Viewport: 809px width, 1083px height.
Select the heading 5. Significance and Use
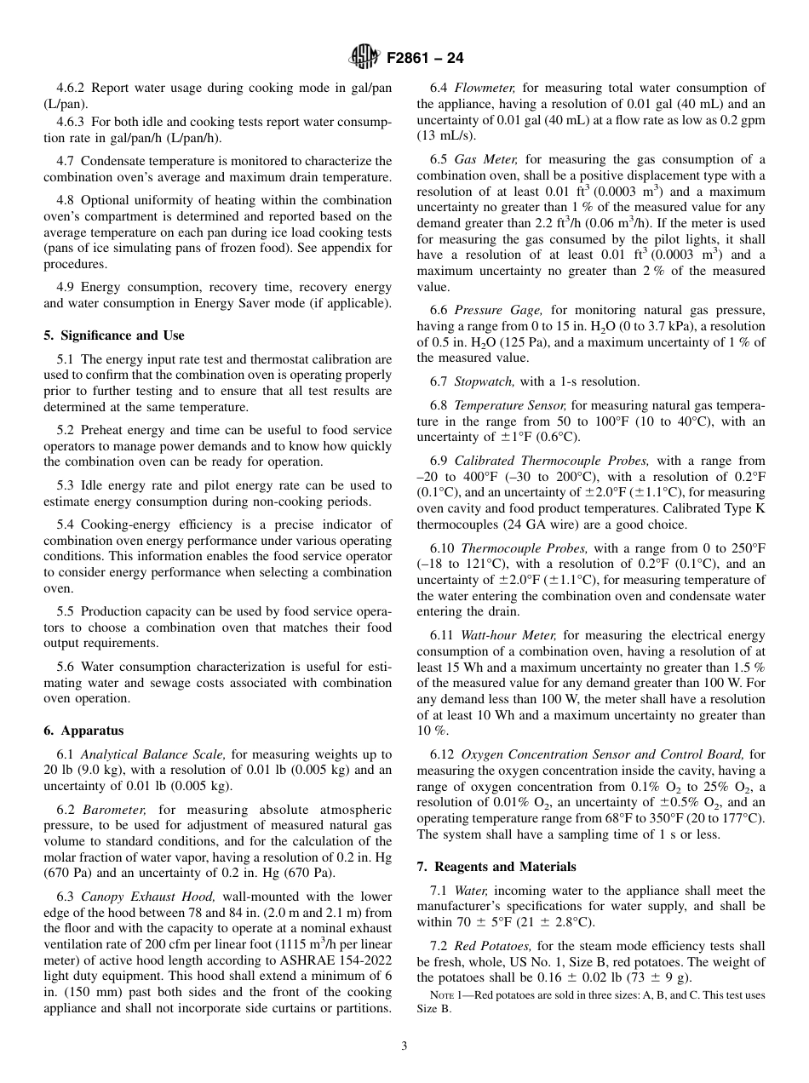[113, 335]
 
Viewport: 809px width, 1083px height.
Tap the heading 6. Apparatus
[83, 731]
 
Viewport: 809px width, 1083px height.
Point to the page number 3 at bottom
[404, 1046]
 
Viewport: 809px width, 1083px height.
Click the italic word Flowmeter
[485, 88]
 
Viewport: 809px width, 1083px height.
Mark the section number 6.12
[442, 754]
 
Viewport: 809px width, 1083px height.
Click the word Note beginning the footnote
[444, 995]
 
